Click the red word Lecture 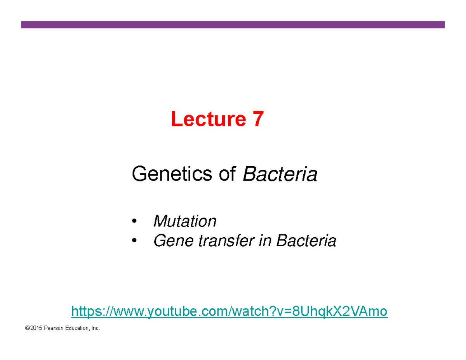click(206, 119)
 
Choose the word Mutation click(185, 221)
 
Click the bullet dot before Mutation click(134, 222)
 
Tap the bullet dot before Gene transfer click(134, 242)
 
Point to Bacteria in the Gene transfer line click(306, 241)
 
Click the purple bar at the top click(233, 25)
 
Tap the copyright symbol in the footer click(27, 329)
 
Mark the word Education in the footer click(77, 329)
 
